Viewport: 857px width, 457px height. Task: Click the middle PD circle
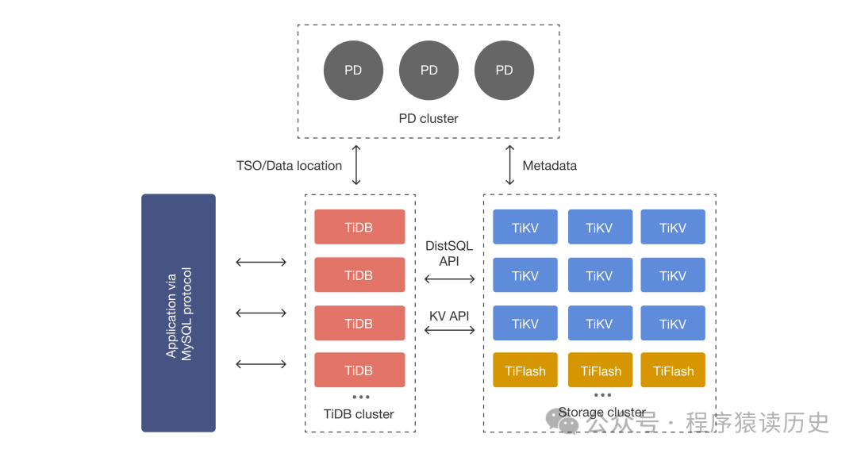point(428,71)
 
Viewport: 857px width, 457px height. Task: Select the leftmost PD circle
point(353,71)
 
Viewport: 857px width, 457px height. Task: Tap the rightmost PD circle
point(504,71)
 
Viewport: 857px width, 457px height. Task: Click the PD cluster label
point(428,119)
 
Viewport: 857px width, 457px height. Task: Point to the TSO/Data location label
point(289,166)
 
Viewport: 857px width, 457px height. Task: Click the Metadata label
point(549,166)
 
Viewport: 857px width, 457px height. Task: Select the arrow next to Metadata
point(508,165)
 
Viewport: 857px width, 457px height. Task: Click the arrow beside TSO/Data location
point(356,165)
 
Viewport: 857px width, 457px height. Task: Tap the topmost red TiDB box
point(359,228)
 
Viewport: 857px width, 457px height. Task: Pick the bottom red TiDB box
point(359,371)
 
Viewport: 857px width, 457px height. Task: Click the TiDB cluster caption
point(359,414)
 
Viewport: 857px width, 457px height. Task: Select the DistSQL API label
point(449,253)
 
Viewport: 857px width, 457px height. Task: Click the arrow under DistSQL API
point(449,278)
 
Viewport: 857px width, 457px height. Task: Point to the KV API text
point(449,316)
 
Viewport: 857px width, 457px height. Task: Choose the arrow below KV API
point(449,329)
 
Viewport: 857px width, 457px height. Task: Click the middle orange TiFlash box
point(600,371)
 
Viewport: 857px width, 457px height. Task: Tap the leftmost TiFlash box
point(525,371)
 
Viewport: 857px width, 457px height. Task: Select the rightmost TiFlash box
point(673,371)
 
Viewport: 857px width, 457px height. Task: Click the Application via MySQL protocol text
point(179,313)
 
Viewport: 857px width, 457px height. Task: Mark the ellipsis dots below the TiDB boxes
point(360,397)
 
